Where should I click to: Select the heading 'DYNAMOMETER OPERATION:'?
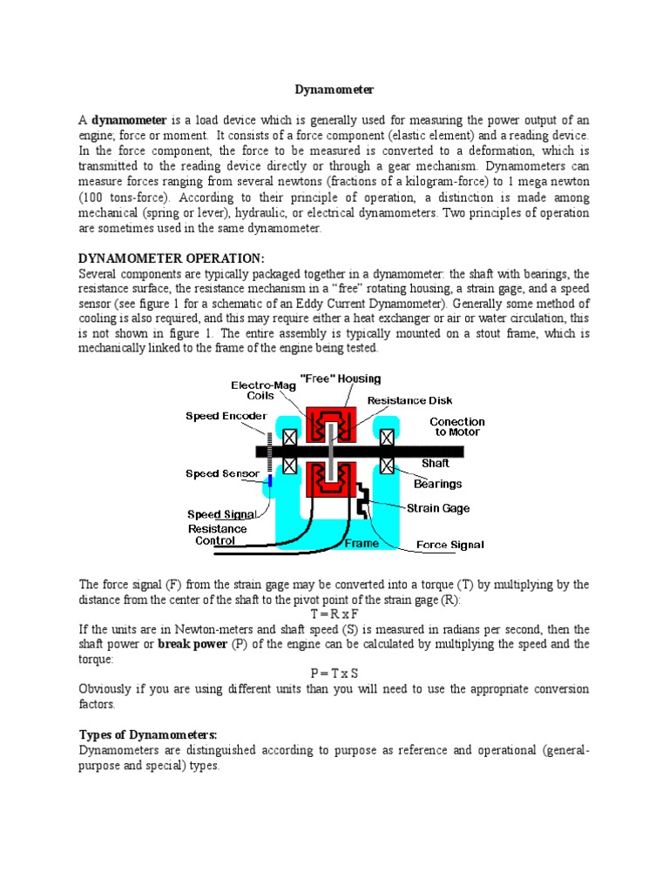[x=172, y=258]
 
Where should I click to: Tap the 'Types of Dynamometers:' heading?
[x=148, y=734]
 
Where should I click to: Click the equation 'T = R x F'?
[x=334, y=614]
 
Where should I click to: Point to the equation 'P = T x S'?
[x=334, y=673]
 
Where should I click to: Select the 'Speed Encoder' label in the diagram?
[x=226, y=416]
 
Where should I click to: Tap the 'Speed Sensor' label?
[x=223, y=474]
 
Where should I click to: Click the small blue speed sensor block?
[x=271, y=480]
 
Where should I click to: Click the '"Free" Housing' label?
[x=340, y=379]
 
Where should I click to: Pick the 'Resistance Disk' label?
[x=409, y=400]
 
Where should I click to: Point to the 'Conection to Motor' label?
[x=457, y=426]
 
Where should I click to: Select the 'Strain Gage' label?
[x=439, y=507]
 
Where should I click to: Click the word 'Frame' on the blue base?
[x=362, y=544]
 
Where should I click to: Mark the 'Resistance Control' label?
[x=218, y=534]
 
